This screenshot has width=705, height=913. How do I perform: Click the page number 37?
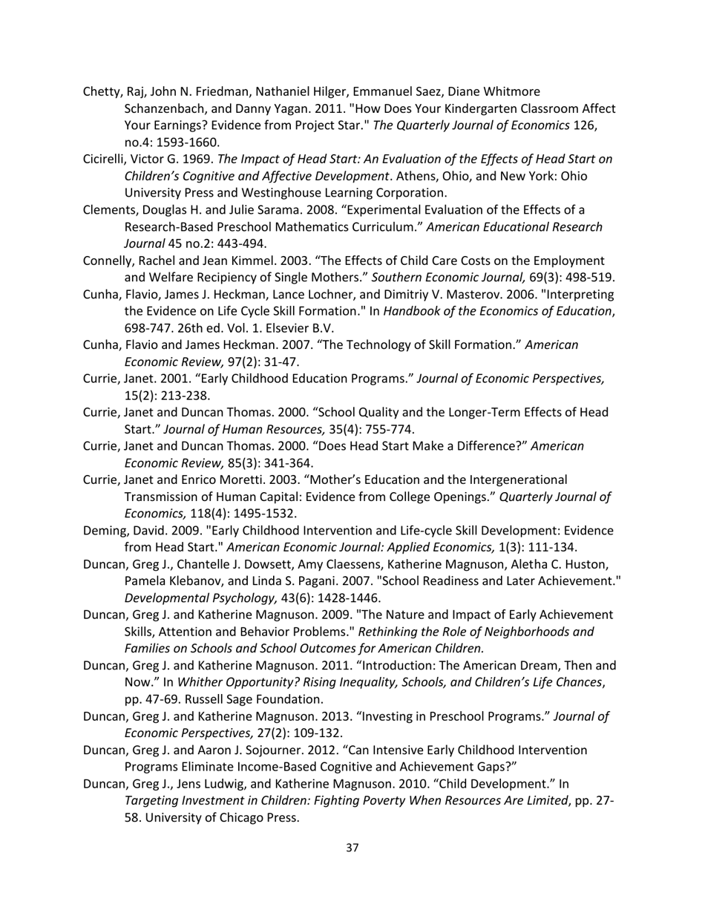352,848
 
